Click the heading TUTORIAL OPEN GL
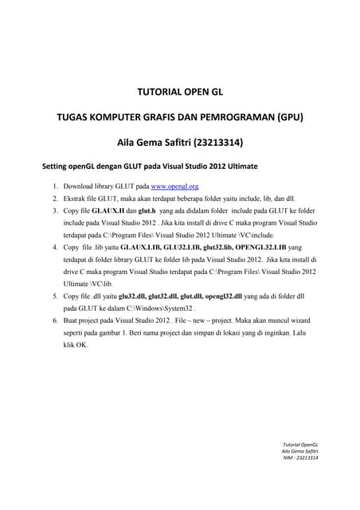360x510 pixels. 179,92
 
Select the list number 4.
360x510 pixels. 55,247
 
